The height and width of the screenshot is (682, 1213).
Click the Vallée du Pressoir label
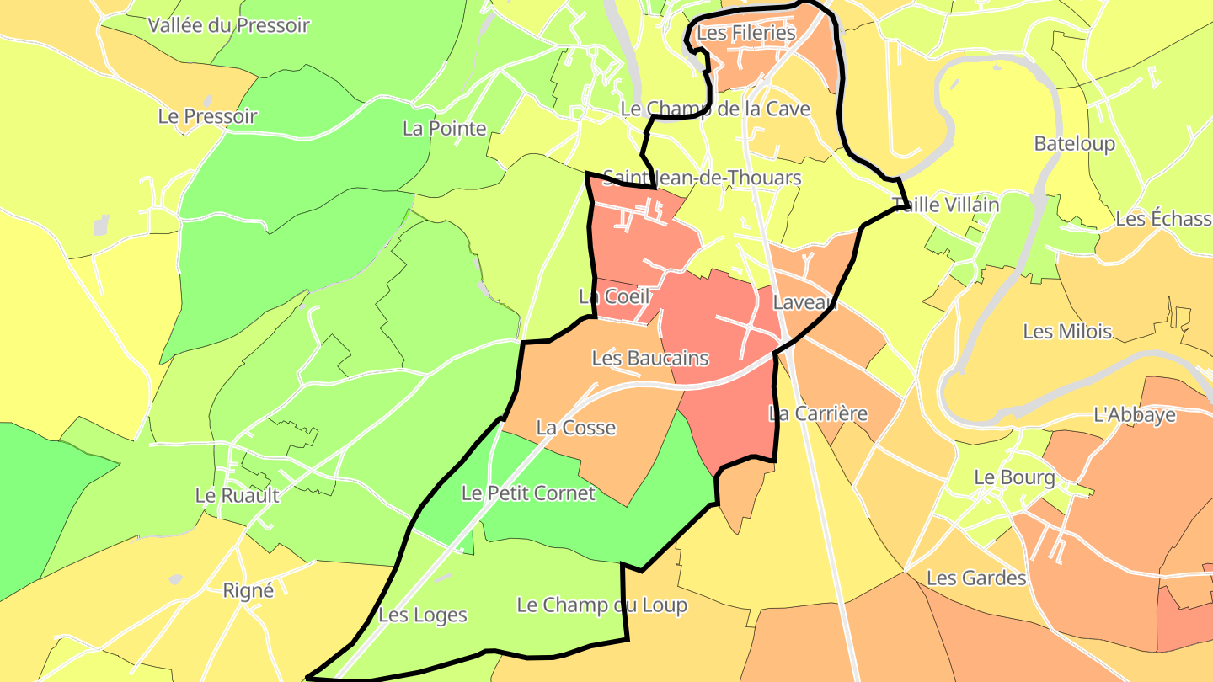pyautogui.click(x=229, y=25)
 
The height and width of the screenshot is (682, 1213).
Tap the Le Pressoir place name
pyautogui.click(x=207, y=116)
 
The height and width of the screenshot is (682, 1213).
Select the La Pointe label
pyautogui.click(x=445, y=129)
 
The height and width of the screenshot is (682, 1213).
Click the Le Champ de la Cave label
pyautogui.click(x=715, y=109)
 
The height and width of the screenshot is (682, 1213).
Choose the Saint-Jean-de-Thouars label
pyautogui.click(x=702, y=178)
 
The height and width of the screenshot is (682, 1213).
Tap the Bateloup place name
pyautogui.click(x=1075, y=143)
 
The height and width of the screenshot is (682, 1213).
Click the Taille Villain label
pyautogui.click(x=946, y=205)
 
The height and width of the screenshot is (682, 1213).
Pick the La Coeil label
pyautogui.click(x=614, y=296)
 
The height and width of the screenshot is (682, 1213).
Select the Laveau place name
pyautogui.click(x=805, y=303)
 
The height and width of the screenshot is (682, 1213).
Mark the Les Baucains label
pyautogui.click(x=650, y=358)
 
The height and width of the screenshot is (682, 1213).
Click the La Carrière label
pyautogui.click(x=818, y=413)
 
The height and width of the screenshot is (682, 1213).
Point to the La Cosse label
pyautogui.click(x=576, y=428)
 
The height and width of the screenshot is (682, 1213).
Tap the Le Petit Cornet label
pyautogui.click(x=528, y=493)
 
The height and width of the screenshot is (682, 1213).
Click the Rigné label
pyautogui.click(x=248, y=591)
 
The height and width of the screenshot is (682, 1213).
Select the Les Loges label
pyautogui.click(x=423, y=615)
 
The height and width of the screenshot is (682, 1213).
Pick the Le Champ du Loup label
pyautogui.click(x=601, y=605)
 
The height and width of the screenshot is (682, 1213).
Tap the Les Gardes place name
pyautogui.click(x=976, y=578)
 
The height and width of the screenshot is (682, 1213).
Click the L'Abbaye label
pyautogui.click(x=1135, y=414)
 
